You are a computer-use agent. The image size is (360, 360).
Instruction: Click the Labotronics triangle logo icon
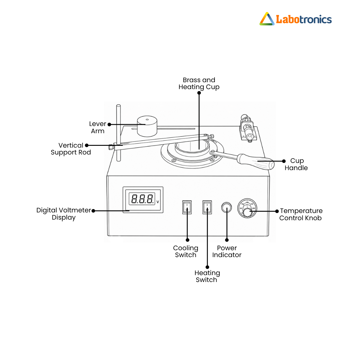click(267, 19)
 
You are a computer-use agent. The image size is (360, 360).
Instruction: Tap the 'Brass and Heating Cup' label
click(199, 83)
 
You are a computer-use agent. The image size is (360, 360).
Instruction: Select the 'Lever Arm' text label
click(97, 127)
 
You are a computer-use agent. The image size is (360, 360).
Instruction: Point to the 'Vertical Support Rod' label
click(71, 149)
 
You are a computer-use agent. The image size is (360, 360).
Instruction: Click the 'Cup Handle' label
click(296, 164)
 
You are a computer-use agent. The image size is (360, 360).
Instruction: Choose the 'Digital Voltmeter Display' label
click(64, 214)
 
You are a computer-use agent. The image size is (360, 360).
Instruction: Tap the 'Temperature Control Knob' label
click(301, 214)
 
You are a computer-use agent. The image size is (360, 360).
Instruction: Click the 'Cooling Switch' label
click(185, 251)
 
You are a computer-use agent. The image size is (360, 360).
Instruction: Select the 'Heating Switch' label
click(207, 276)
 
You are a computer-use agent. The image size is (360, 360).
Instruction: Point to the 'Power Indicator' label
click(227, 251)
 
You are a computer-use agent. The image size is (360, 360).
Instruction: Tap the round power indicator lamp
click(226, 207)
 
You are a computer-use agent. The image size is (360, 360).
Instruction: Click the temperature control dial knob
click(247, 212)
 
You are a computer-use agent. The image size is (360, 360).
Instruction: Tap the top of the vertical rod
click(118, 106)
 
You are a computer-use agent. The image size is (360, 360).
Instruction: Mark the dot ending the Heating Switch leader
click(207, 267)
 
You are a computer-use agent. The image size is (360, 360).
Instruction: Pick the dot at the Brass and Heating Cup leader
click(199, 93)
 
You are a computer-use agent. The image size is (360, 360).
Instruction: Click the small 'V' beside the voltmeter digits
click(158, 202)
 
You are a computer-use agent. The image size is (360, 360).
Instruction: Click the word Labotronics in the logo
click(304, 19)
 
